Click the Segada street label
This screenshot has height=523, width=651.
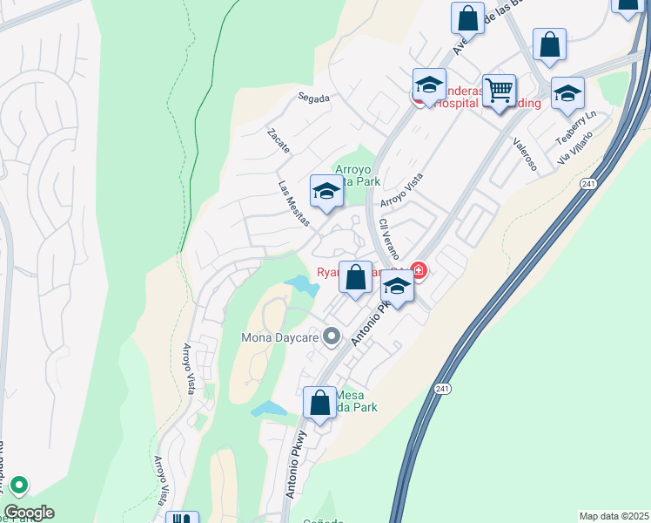pyautogui.click(x=313, y=98)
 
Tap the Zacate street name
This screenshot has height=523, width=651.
pyautogui.click(x=279, y=139)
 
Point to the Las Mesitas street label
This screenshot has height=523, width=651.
pyautogui.click(x=293, y=204)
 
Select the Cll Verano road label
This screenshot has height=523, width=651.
pyautogui.click(x=388, y=235)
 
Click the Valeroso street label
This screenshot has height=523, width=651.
pyautogui.click(x=525, y=153)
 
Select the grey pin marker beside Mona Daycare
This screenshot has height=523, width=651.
pyautogui.click(x=331, y=335)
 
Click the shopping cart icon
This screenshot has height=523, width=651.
pyautogui.click(x=499, y=90)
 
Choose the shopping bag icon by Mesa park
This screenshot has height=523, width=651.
pyautogui.click(x=319, y=403)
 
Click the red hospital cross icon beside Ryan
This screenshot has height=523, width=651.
pyautogui.click(x=419, y=271)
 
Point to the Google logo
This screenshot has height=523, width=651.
pyautogui.click(x=29, y=513)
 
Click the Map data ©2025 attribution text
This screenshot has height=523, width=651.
pyautogui.click(x=614, y=516)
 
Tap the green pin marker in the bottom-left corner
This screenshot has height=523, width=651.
pyautogui.click(x=18, y=485)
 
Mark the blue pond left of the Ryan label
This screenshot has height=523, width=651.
pyautogui.click(x=299, y=283)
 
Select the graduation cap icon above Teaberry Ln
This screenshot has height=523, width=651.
pyautogui.click(x=567, y=93)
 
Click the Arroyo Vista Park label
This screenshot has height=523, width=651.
pyautogui.click(x=358, y=175)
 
